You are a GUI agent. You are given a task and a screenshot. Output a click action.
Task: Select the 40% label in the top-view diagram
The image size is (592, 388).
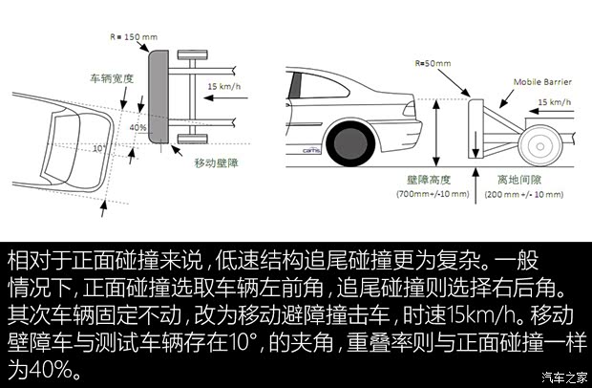pos(137,126)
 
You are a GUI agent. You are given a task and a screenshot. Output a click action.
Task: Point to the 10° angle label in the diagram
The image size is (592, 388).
pos(99,149)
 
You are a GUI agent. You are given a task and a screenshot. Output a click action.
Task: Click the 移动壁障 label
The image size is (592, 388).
pos(214,163)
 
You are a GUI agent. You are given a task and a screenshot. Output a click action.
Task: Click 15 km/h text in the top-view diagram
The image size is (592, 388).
pos(226,87)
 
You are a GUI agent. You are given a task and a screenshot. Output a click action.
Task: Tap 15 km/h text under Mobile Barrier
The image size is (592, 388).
pos(557,101)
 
